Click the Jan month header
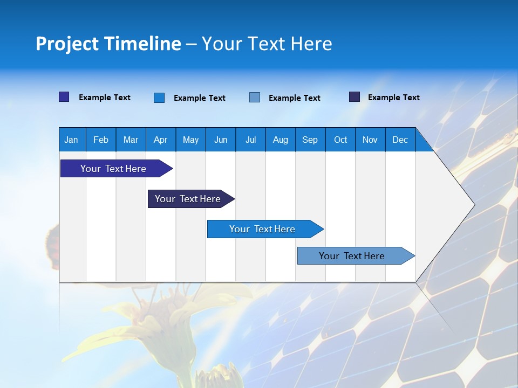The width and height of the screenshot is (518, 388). (x=71, y=140)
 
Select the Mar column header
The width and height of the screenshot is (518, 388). (x=131, y=140)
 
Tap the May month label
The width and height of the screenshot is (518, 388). (x=190, y=140)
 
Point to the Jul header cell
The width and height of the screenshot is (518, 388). (x=250, y=140)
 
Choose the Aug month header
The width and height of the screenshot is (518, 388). (x=280, y=140)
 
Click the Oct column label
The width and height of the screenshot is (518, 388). (x=340, y=140)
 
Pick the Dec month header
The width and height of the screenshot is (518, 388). (x=400, y=140)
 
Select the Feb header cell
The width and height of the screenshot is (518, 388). (x=101, y=140)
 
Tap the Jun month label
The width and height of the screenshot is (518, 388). (x=221, y=140)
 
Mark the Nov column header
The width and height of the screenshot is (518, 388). (x=370, y=140)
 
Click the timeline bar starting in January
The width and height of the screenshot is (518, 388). (x=113, y=169)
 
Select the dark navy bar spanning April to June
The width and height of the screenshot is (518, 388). (x=188, y=199)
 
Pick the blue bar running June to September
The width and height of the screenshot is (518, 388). (x=262, y=229)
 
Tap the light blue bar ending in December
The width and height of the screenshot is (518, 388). (x=352, y=256)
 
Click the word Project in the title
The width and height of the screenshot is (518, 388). (x=67, y=44)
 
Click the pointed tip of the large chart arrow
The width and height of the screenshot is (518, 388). (x=473, y=205)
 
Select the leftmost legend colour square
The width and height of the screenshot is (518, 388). (x=64, y=97)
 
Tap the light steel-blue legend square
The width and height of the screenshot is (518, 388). (x=255, y=97)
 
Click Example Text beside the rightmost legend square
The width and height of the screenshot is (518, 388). (x=393, y=98)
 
